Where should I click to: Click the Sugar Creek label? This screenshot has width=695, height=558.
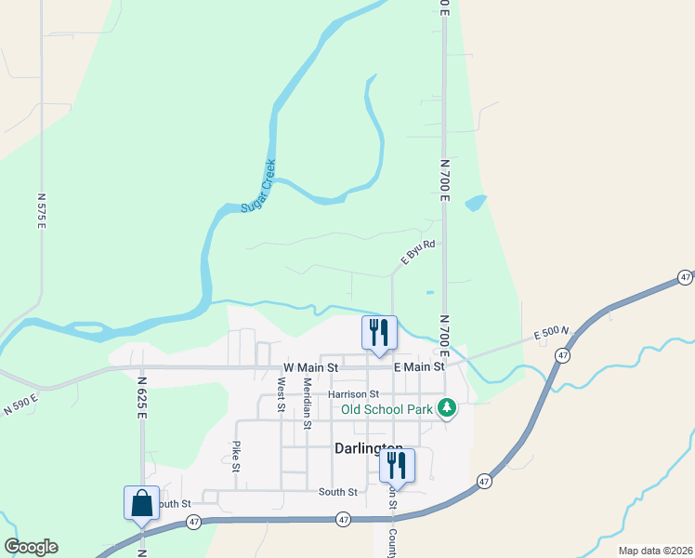coord(258,186)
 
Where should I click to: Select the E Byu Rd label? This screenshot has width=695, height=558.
coord(418,252)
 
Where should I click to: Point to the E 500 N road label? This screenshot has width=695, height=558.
coord(551,335)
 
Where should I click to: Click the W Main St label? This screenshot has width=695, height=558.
coord(310,367)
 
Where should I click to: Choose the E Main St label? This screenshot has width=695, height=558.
coord(419,367)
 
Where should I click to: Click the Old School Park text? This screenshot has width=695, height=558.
coord(387,409)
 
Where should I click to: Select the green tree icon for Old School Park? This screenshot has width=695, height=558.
coord(447,409)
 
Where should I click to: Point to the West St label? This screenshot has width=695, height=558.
coord(281,393)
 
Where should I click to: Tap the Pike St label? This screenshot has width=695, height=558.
coord(237,456)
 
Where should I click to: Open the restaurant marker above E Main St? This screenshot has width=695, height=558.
coord(379,334)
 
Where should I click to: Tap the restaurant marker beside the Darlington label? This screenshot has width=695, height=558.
coord(398,465)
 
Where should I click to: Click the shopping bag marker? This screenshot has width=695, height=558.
coord(141,503)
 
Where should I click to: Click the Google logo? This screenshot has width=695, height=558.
coord(31,547)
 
